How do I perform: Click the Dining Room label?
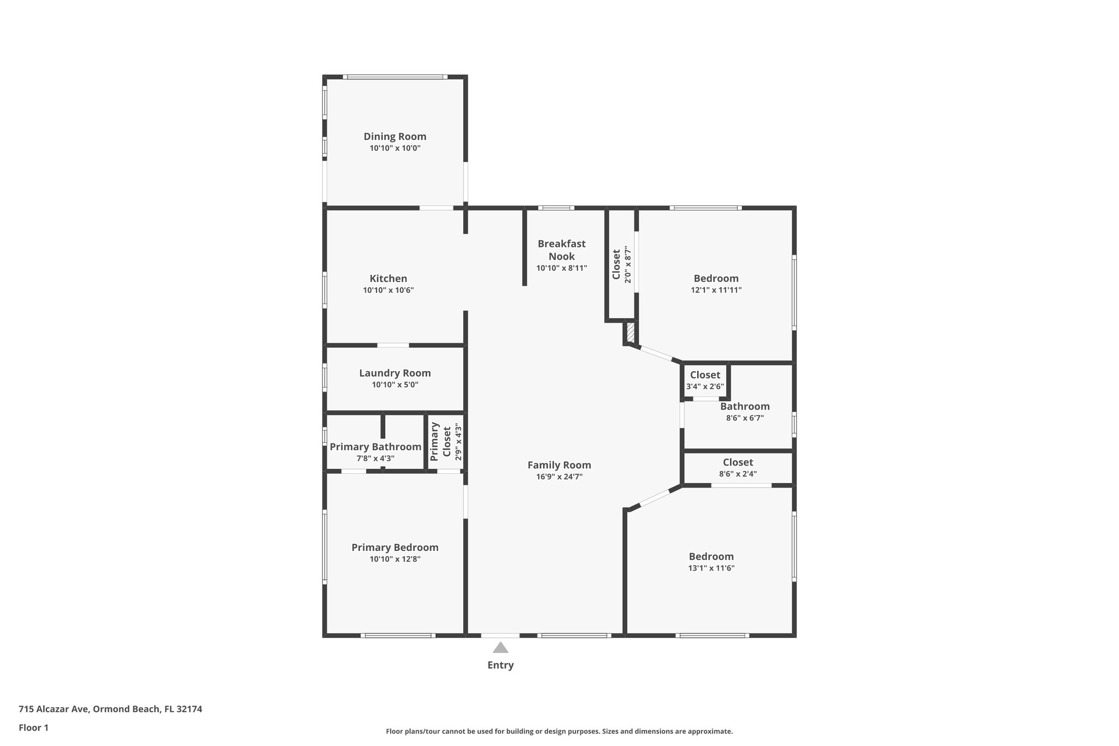point(394,137)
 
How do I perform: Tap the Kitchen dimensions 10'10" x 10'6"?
point(388,290)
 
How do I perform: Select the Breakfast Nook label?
point(561,250)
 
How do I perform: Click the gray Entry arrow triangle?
point(500,648)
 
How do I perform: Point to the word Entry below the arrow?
point(500,665)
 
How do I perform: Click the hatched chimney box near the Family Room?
point(630,332)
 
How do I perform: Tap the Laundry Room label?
point(394,373)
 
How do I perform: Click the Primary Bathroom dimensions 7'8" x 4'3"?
point(375,459)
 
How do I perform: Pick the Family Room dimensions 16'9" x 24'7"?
point(559,477)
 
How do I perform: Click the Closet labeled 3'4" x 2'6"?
point(705,380)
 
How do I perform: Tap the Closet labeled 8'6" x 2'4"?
point(738,468)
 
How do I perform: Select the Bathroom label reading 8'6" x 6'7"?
point(744,412)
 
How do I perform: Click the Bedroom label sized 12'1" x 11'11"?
point(716,284)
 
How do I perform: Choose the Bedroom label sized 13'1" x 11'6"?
point(711,561)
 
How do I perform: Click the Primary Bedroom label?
point(394,548)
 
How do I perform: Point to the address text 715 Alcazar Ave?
point(110,709)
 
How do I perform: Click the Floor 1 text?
point(33,727)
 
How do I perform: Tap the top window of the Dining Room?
point(395,77)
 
